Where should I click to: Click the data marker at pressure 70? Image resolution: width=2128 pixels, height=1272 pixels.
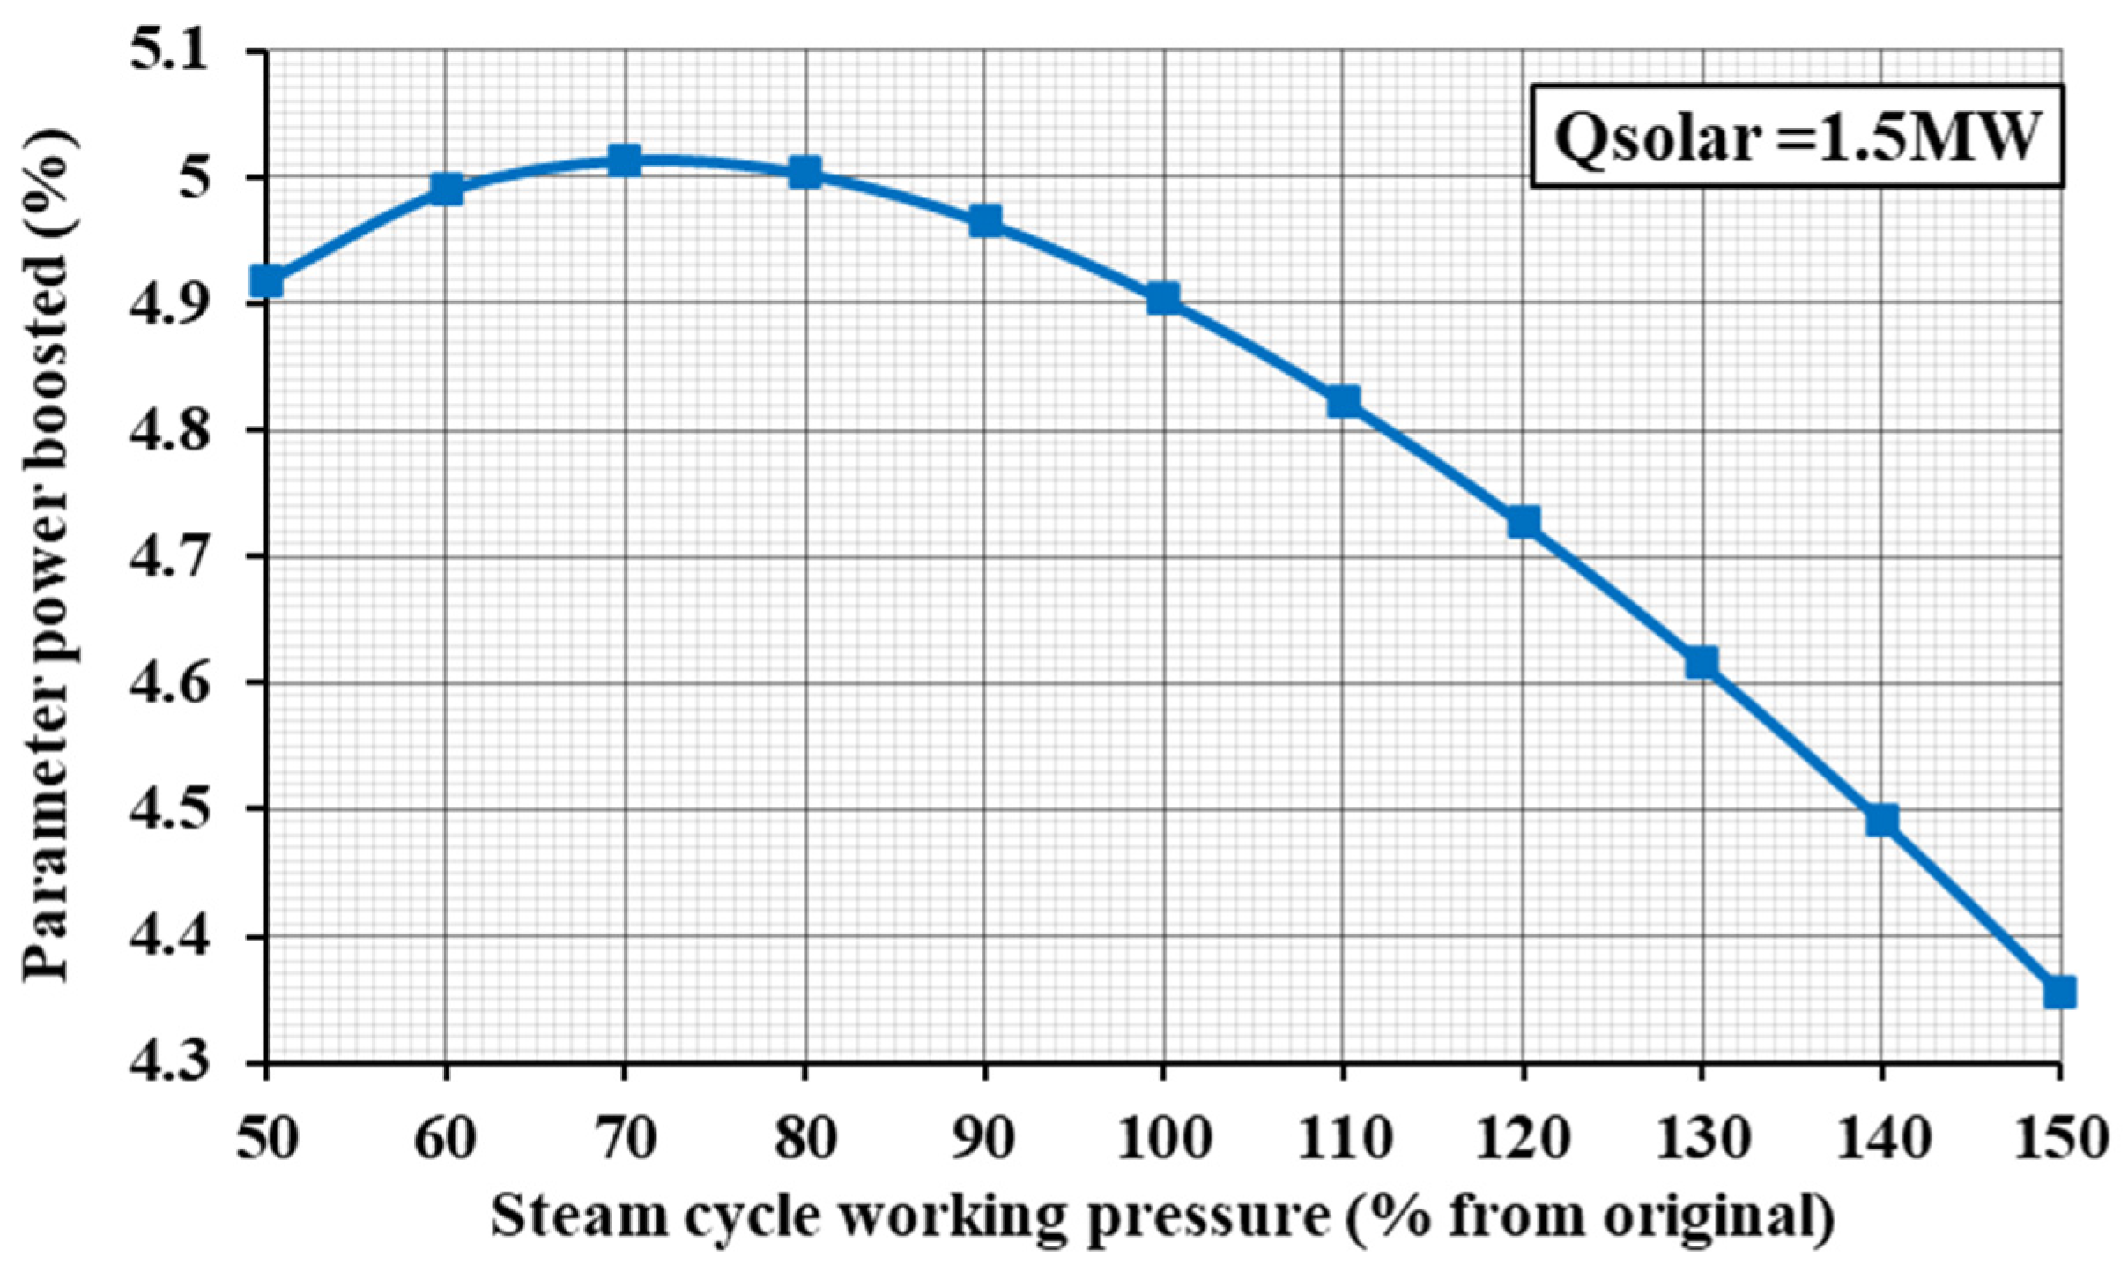(x=624, y=161)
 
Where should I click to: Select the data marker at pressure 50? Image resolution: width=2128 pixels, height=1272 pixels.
(x=266, y=281)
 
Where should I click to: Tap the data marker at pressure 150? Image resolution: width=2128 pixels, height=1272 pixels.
(x=2059, y=992)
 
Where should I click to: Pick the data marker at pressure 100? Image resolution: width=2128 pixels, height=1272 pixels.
(x=1163, y=299)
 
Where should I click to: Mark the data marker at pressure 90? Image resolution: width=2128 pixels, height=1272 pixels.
(x=984, y=220)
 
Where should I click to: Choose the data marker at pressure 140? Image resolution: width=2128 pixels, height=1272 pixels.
(x=1881, y=820)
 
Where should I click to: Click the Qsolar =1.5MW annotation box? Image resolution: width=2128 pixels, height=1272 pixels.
(x=1797, y=137)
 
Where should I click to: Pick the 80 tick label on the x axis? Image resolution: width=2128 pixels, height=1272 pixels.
(x=804, y=1138)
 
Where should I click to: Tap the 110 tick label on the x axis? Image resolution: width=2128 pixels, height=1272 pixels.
(x=1343, y=1138)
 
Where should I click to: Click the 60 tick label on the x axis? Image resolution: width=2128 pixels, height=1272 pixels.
(x=445, y=1138)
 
